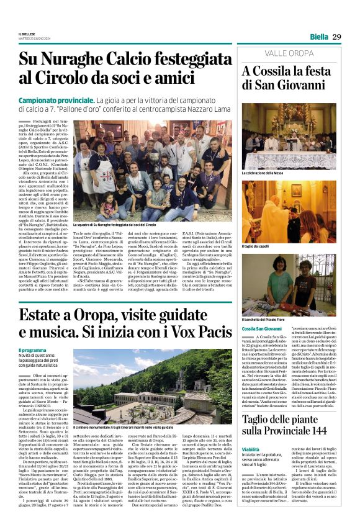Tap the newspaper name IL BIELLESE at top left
click(28, 34)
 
